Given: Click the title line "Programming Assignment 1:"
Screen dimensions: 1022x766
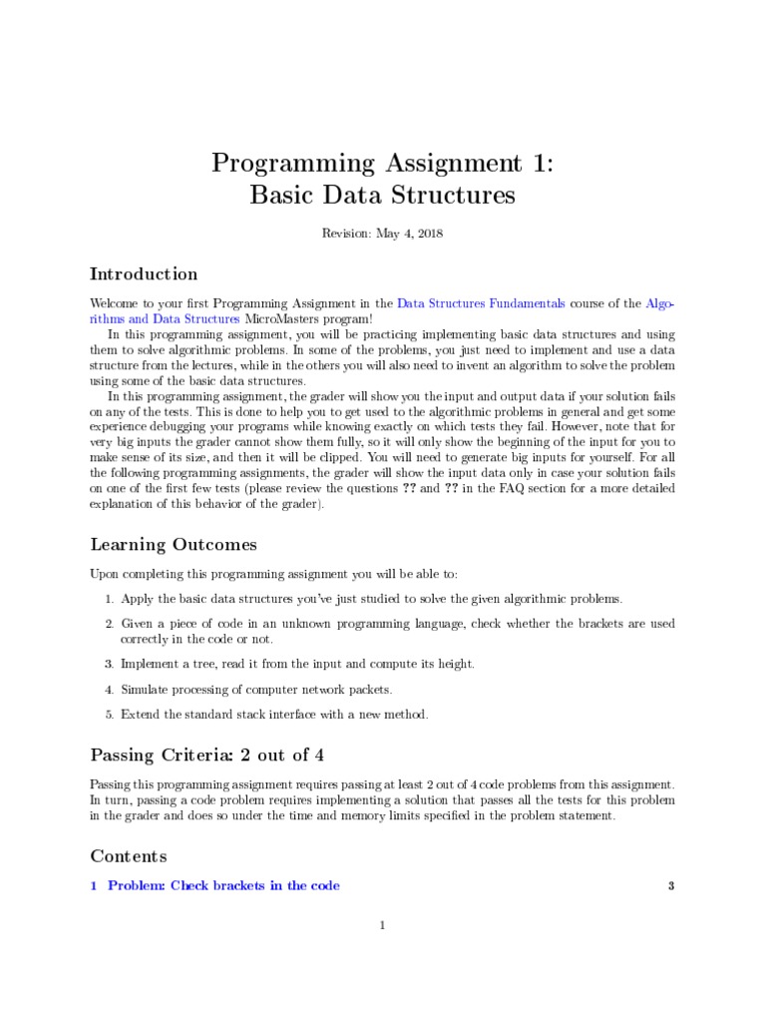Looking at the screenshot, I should coord(382,164).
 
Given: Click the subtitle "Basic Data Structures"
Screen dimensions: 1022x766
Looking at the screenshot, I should coord(382,195).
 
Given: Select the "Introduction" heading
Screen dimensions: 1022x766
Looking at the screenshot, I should coord(144,274).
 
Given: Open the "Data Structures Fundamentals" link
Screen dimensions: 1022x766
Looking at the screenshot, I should coord(481,302).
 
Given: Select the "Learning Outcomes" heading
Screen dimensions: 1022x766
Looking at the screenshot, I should coord(174,545).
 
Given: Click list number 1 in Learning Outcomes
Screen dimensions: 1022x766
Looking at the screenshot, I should coord(108,599).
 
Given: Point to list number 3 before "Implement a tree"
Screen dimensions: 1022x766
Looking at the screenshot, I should coord(108,664).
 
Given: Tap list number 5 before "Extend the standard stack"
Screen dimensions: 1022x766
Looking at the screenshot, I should coord(108,715).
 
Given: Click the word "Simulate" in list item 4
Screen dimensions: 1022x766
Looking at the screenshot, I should coord(144,690).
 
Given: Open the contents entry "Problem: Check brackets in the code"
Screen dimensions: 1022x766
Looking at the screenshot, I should coord(223,885).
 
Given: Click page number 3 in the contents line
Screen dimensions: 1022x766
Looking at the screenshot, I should coord(672,885).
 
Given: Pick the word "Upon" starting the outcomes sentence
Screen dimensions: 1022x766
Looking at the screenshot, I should coord(104,575).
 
